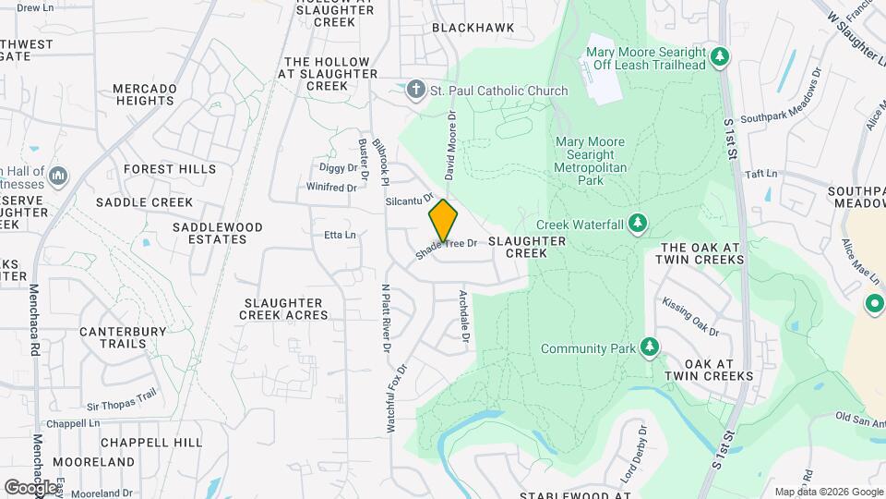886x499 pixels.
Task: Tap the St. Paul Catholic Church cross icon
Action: [416, 90]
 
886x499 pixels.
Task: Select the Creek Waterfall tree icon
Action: [637, 224]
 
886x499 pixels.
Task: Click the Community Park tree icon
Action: [652, 347]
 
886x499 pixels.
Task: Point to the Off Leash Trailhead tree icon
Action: [721, 58]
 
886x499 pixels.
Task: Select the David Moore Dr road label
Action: [451, 144]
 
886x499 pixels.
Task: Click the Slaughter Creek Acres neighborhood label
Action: [283, 309]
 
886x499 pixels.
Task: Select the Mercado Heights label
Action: [144, 94]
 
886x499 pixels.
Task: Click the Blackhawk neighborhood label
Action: [473, 28]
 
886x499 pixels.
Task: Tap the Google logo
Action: [30, 487]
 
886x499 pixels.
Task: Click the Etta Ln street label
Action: [340, 235]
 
